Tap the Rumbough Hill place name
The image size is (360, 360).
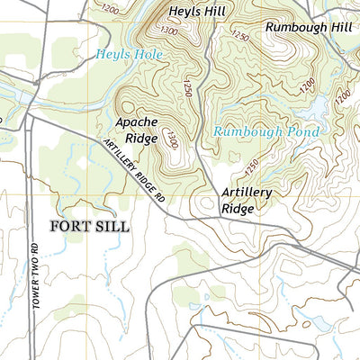click(x=307, y=27)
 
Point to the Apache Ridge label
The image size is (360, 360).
click(x=137, y=130)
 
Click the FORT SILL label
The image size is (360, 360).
click(x=90, y=226)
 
